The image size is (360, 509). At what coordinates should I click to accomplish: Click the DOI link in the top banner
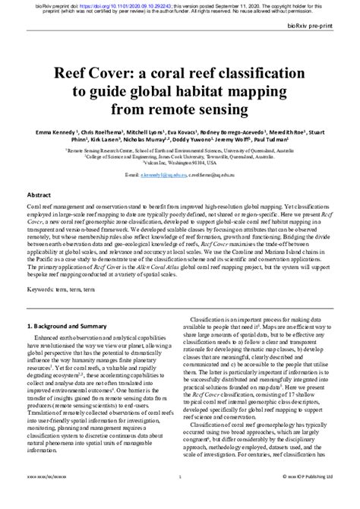tap(115, 4)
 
